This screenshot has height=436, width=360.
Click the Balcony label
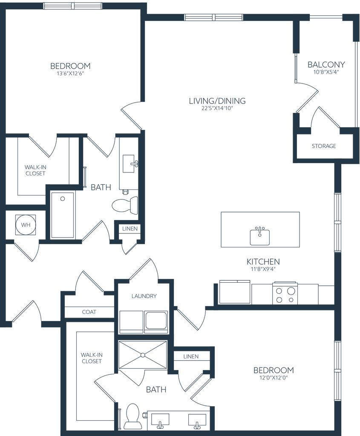point(327,65)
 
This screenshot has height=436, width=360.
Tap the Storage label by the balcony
point(324,146)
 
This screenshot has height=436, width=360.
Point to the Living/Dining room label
point(218,101)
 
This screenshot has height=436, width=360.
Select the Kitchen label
point(263,262)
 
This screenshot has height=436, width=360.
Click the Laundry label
point(145,296)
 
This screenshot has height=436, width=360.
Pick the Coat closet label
point(89,312)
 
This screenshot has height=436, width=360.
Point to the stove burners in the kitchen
point(285,294)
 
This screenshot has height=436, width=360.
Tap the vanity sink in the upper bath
point(128,162)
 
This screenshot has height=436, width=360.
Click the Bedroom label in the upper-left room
point(71,66)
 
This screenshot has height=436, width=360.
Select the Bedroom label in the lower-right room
point(274,370)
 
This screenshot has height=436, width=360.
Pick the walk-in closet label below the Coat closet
point(91,358)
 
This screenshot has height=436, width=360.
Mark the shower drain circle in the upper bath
point(63,198)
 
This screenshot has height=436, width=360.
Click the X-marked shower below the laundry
point(142,353)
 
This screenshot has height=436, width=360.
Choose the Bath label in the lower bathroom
point(156,389)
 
